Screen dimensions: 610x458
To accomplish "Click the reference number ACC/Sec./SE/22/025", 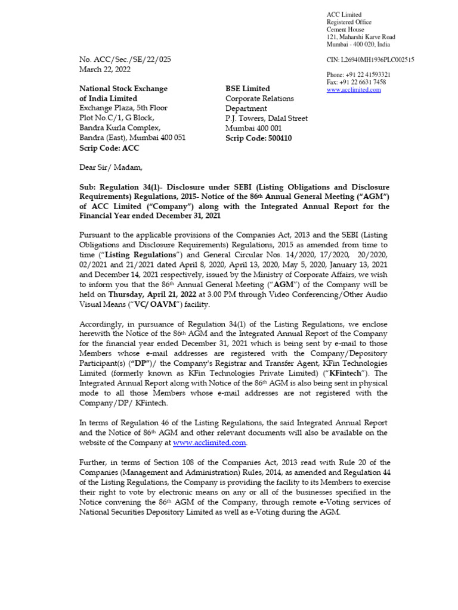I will pyautogui.click(x=125, y=60).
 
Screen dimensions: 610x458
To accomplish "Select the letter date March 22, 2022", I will pyautogui.click(x=104, y=69).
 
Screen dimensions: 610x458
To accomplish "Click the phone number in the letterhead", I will pyautogui.click(x=358, y=74).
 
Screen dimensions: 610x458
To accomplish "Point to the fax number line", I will pyautogui.click(x=356, y=82).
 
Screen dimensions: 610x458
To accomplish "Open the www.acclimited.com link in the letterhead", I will pyautogui.click(x=354, y=90).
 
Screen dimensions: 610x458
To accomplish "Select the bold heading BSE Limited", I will pyautogui.click(x=247, y=89).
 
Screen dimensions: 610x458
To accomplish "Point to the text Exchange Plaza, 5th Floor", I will pyautogui.click(x=123, y=108).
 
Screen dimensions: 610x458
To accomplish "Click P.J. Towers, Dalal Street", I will pyautogui.click(x=267, y=119).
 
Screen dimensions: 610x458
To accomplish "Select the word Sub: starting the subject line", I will pyautogui.click(x=88, y=187).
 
